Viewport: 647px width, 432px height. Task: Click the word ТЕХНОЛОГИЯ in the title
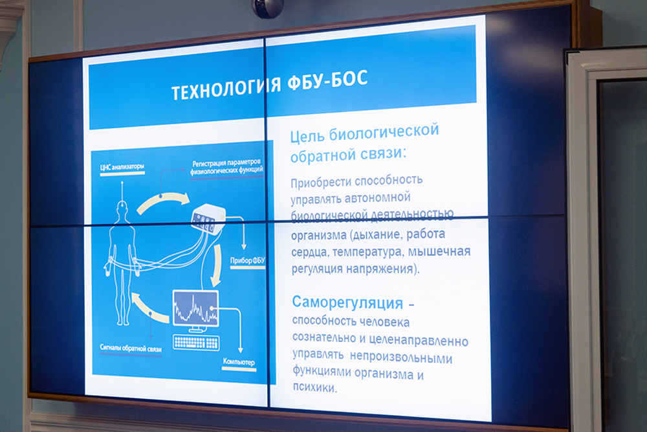(226, 88)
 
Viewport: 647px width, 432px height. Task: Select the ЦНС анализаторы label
(122, 167)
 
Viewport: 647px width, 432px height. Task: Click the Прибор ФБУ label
(248, 260)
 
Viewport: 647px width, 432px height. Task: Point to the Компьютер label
(239, 362)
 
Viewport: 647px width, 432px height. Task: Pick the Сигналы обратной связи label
(131, 348)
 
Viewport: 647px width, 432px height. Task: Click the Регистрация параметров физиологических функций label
(226, 166)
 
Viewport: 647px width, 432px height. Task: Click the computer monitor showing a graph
(195, 308)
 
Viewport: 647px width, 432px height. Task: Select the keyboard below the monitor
(197, 342)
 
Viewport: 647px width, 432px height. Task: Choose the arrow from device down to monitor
(217, 265)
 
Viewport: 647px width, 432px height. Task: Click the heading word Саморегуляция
(347, 302)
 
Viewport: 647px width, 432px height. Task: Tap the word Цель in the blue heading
(307, 135)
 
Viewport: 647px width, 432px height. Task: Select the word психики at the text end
(314, 387)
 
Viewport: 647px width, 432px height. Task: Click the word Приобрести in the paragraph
(321, 182)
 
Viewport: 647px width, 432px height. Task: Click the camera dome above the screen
(269, 8)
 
